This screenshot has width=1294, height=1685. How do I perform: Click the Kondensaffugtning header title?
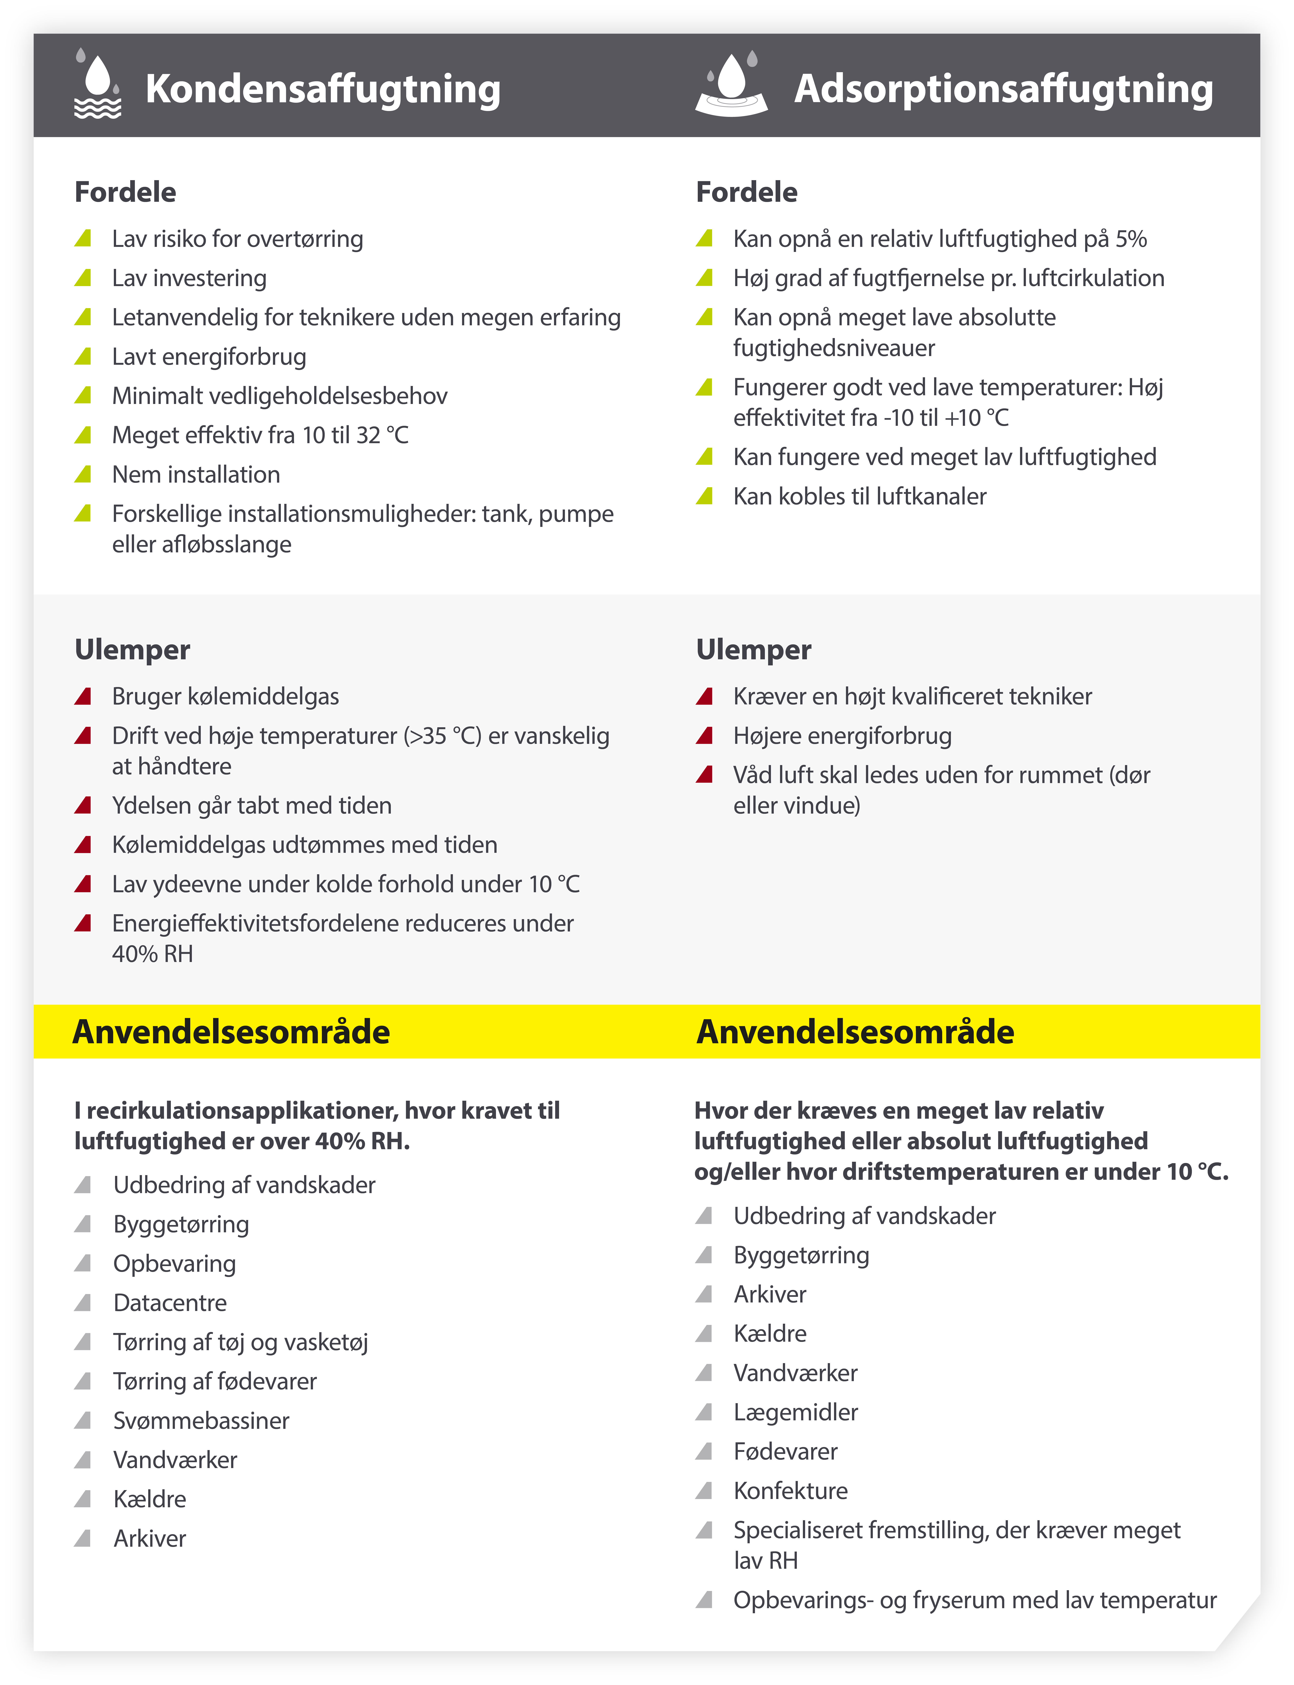[x=323, y=89]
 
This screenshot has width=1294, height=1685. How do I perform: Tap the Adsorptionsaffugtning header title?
[x=1003, y=89]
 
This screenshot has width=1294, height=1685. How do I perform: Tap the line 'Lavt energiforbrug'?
[x=209, y=357]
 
